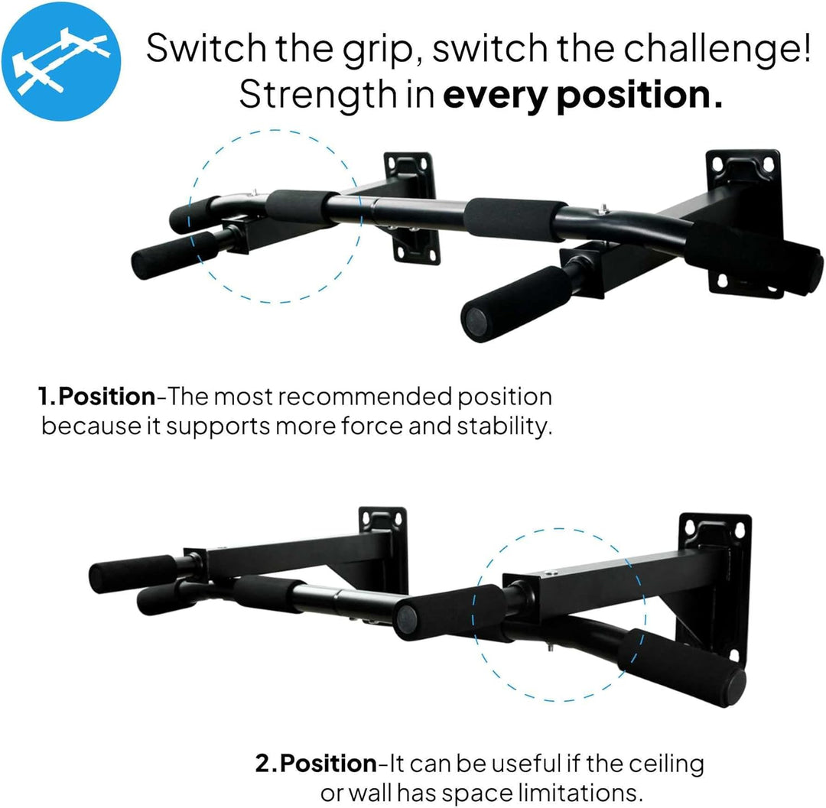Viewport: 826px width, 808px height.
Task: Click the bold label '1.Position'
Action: pyautogui.click(x=96, y=397)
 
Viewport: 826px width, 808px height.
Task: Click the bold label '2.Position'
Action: pyautogui.click(x=315, y=764)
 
